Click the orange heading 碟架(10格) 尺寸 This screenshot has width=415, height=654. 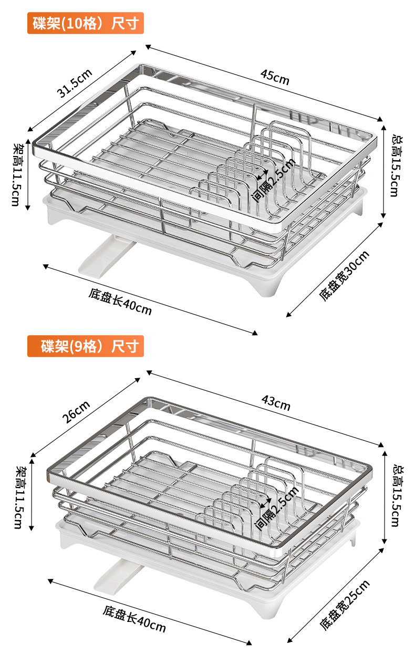pos(86,23)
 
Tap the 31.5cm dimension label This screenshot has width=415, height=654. pos(75,84)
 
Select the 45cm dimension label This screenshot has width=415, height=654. pos(275,77)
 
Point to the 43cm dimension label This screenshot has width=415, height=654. pos(276,403)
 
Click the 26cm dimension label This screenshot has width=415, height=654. pos(77,412)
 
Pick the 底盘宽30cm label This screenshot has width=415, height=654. pos(344,276)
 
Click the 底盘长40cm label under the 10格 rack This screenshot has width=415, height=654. pos(120,302)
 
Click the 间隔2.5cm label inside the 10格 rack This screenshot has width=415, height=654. pos(274,180)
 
